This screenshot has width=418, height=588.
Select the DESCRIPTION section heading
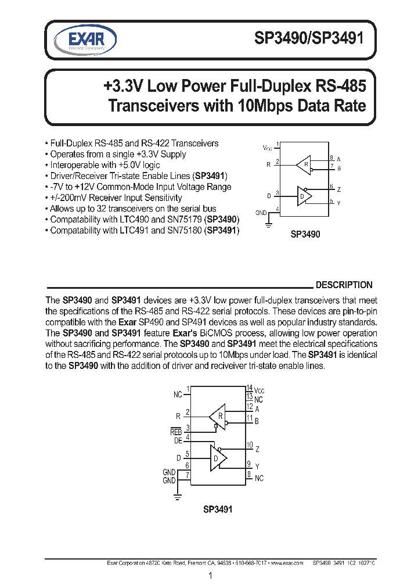[344, 285]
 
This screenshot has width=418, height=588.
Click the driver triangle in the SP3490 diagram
[304, 196]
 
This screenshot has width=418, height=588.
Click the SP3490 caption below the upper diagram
[305, 236]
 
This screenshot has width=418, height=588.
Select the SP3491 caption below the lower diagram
[218, 510]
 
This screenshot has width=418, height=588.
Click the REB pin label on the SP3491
[176, 432]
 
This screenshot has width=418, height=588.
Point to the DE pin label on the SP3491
[178, 440]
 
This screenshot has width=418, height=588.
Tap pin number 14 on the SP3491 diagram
[250, 388]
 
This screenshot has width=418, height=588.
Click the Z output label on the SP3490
[338, 189]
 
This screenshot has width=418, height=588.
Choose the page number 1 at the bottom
[210, 576]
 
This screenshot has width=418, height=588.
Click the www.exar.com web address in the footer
[286, 562]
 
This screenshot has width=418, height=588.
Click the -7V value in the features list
[57, 187]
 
